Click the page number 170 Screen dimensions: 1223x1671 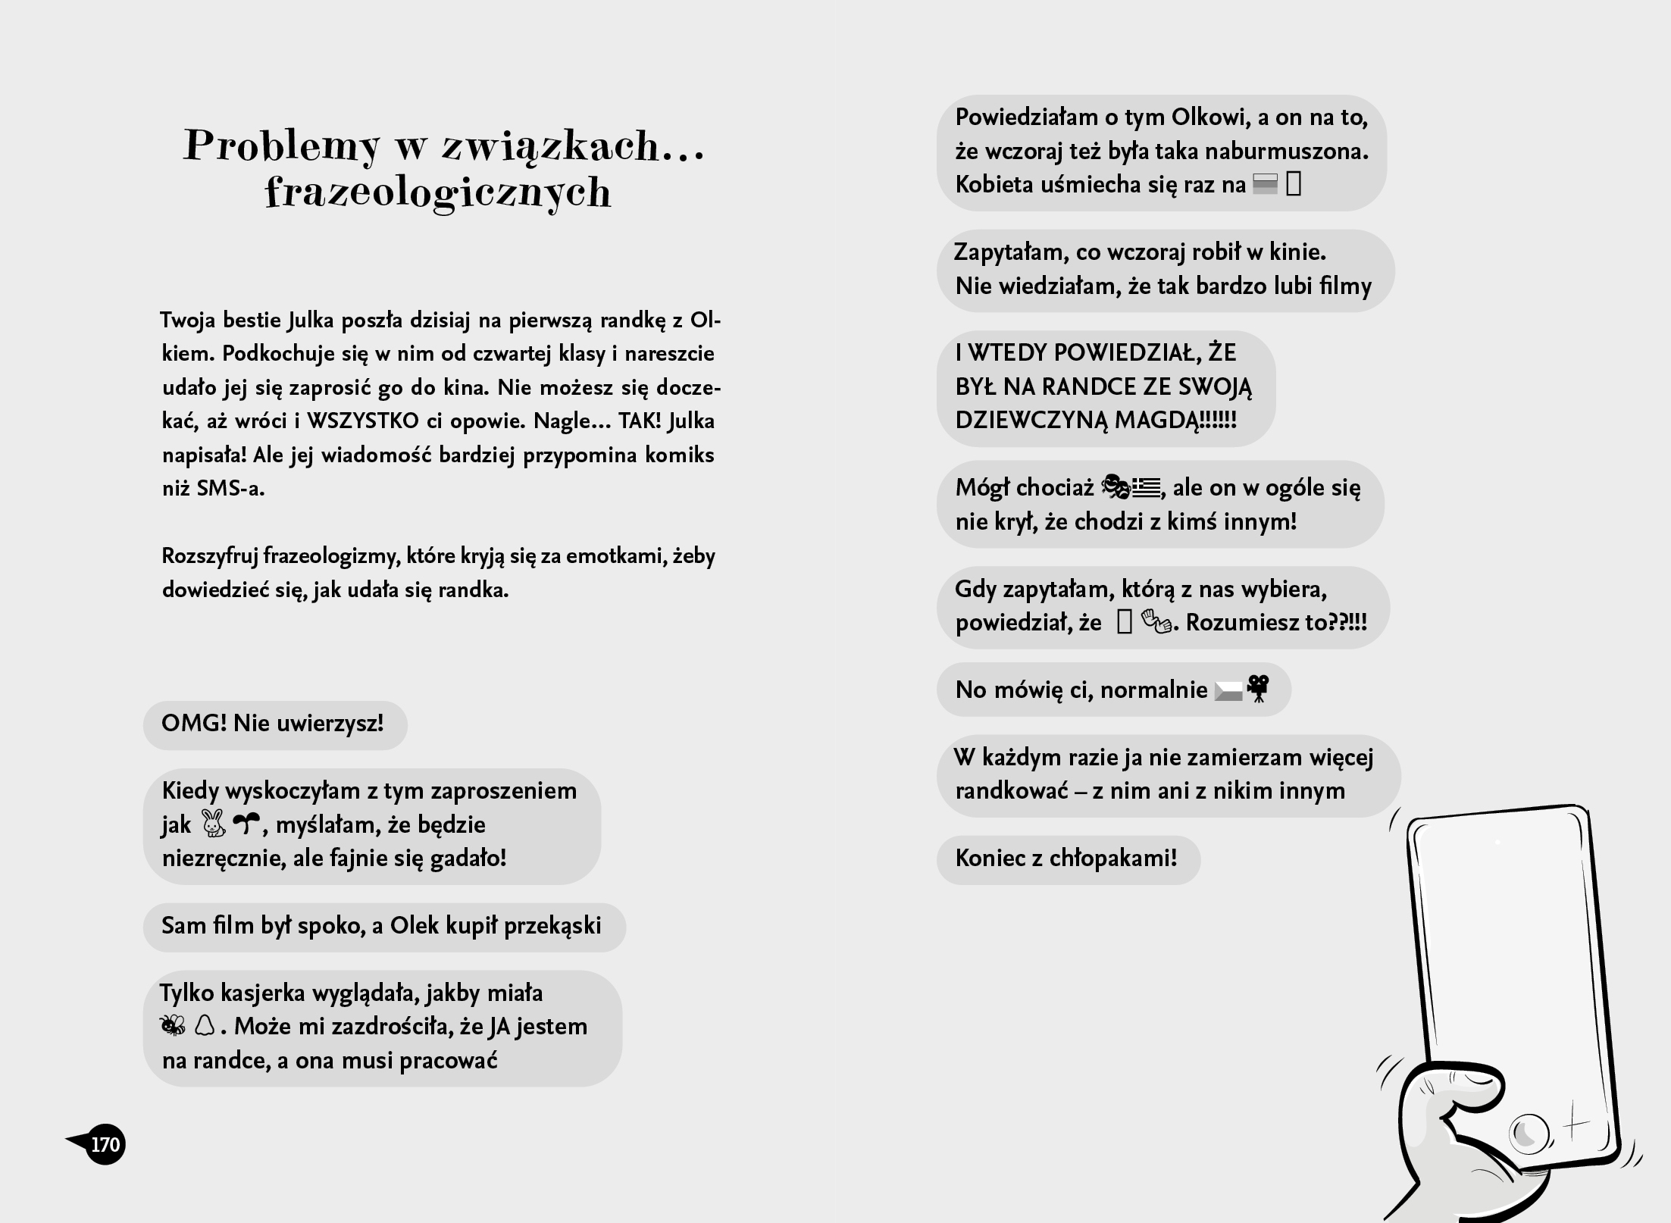[x=105, y=1144]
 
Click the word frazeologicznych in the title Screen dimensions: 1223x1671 [x=438, y=192]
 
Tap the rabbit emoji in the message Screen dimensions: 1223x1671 [x=214, y=824]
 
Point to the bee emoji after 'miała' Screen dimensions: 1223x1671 [x=173, y=1026]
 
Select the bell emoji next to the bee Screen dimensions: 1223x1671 [x=205, y=1026]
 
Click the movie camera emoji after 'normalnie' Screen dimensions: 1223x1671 [x=1258, y=689]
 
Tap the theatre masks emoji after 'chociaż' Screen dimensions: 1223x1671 [x=1115, y=487]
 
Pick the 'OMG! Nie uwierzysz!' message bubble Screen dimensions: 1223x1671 [x=274, y=724]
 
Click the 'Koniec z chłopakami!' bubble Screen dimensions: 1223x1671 [x=1067, y=859]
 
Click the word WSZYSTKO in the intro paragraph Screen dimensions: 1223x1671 [x=363, y=421]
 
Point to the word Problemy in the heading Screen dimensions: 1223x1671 [x=281, y=145]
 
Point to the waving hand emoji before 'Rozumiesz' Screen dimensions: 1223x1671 [x=1156, y=623]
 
